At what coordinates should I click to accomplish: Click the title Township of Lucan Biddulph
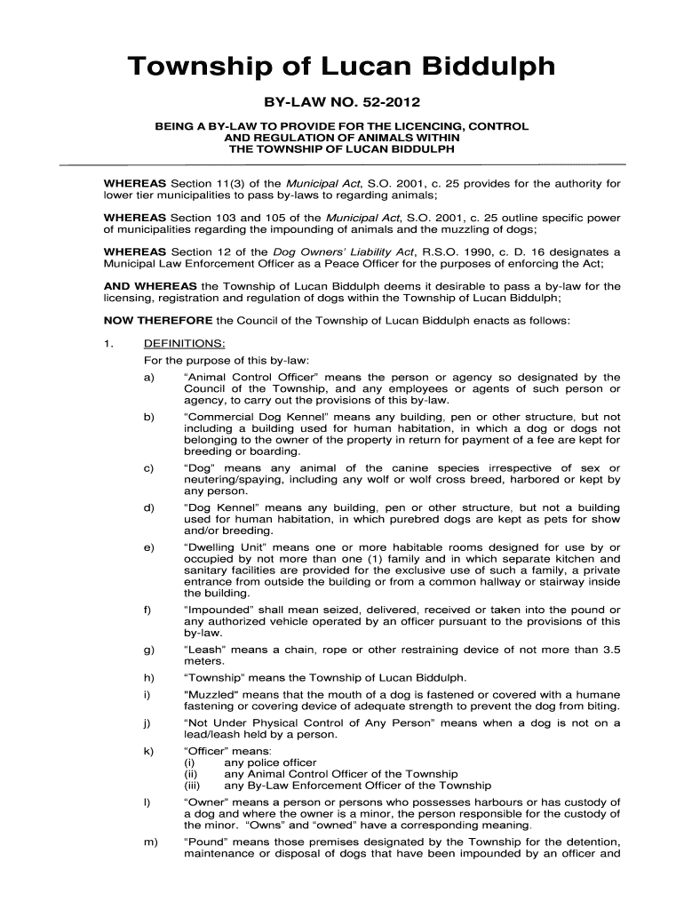click(x=341, y=68)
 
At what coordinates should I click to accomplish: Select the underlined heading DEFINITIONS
click(x=184, y=343)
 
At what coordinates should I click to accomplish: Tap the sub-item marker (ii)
click(x=190, y=774)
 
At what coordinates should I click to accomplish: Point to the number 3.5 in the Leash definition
click(x=610, y=649)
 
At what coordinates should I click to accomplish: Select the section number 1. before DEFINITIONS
click(x=109, y=343)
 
